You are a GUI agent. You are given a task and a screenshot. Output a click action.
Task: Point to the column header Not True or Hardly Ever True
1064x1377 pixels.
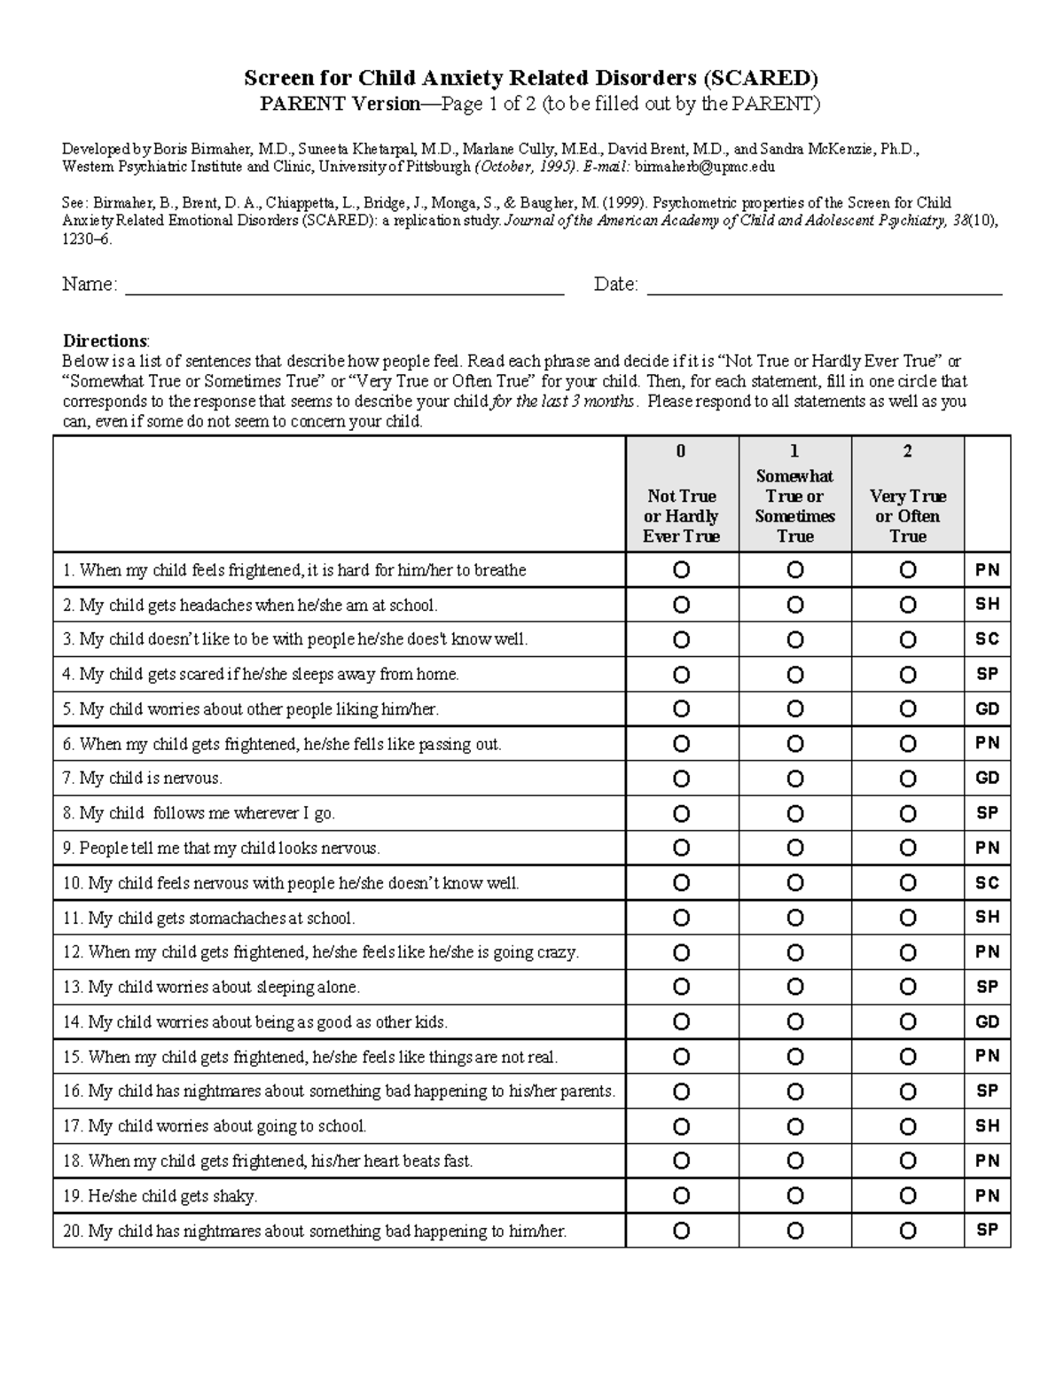pos(681,515)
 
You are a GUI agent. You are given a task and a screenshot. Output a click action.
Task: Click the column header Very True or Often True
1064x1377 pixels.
pos(907,515)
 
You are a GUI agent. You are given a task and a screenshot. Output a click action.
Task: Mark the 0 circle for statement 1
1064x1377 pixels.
pos(681,570)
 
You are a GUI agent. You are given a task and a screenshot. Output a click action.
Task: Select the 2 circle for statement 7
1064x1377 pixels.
pos(907,778)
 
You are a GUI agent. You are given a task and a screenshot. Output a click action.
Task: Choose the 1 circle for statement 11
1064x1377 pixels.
pos(794,918)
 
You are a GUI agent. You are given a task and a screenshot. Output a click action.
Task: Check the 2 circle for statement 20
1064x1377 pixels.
pos(907,1231)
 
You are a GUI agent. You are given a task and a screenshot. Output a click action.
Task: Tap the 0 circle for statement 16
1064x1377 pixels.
pos(681,1091)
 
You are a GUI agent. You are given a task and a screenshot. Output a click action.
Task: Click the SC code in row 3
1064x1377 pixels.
pos(987,639)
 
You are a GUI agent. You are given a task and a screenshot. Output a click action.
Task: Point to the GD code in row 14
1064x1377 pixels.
pos(987,1021)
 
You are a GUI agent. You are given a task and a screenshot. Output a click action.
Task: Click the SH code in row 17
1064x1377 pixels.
pos(987,1126)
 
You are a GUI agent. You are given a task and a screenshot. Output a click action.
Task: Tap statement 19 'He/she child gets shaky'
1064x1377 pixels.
pos(160,1196)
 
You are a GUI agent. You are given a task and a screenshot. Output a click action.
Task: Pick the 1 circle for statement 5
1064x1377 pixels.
pos(794,709)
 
